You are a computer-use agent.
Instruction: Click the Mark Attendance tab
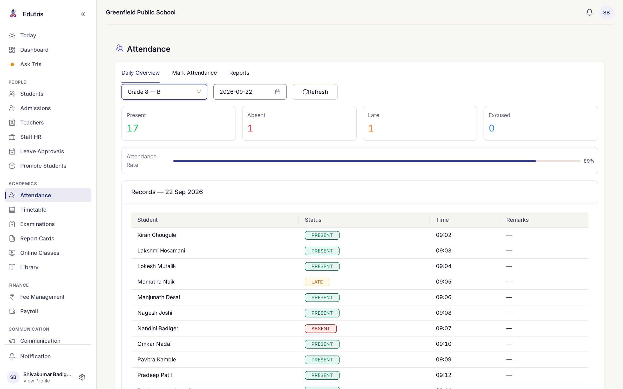[x=194, y=73]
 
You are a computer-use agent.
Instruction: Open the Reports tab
[x=239, y=73]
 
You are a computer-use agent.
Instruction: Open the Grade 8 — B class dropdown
[x=164, y=92]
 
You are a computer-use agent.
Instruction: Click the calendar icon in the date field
[x=277, y=92]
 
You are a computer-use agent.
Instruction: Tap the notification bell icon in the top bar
[x=589, y=12]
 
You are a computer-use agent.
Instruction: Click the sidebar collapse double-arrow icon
[x=83, y=14]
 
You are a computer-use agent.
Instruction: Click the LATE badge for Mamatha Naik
[x=317, y=282]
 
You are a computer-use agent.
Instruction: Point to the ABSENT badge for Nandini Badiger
[x=321, y=329]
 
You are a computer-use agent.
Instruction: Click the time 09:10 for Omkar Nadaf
[x=444, y=344]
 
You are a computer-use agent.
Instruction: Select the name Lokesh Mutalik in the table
[x=157, y=266]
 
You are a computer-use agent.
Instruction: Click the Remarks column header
[x=517, y=220]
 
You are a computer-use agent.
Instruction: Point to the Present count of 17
[x=132, y=128]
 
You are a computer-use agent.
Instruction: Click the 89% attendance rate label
[x=589, y=161]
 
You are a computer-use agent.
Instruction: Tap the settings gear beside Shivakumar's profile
[x=82, y=377]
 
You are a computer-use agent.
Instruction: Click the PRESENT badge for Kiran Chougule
[x=322, y=235]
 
